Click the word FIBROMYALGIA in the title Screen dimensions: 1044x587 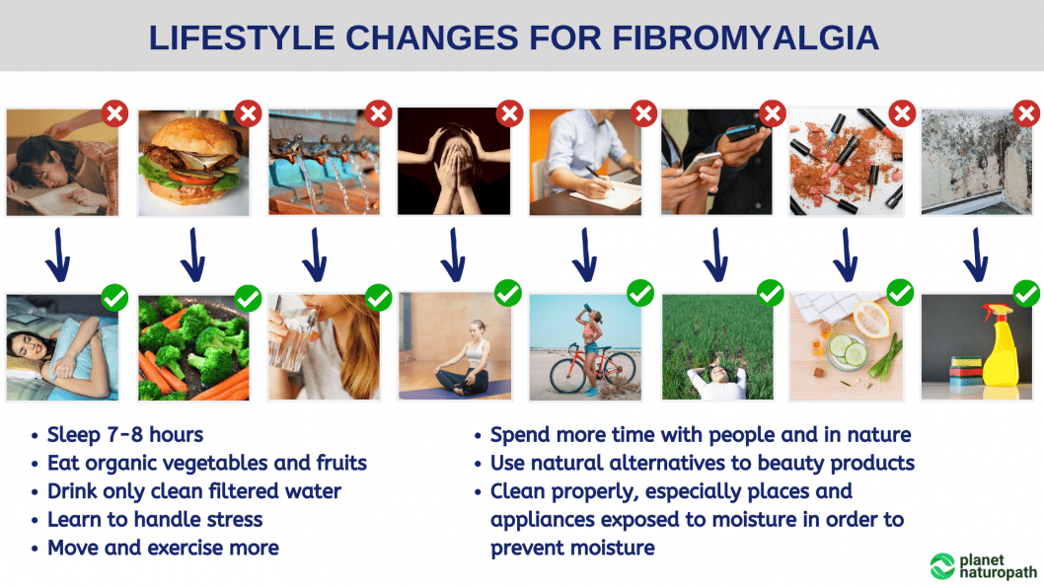click(x=746, y=37)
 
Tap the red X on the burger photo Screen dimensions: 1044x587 click(x=249, y=113)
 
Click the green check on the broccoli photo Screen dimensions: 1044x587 click(x=249, y=298)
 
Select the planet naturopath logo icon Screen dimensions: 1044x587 click(x=942, y=565)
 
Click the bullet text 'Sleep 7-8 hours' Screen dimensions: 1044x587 click(x=125, y=435)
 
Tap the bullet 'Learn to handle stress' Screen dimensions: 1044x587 click(x=155, y=519)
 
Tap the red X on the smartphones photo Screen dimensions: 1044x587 click(x=773, y=113)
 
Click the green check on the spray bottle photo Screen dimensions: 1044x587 click(x=1026, y=294)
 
